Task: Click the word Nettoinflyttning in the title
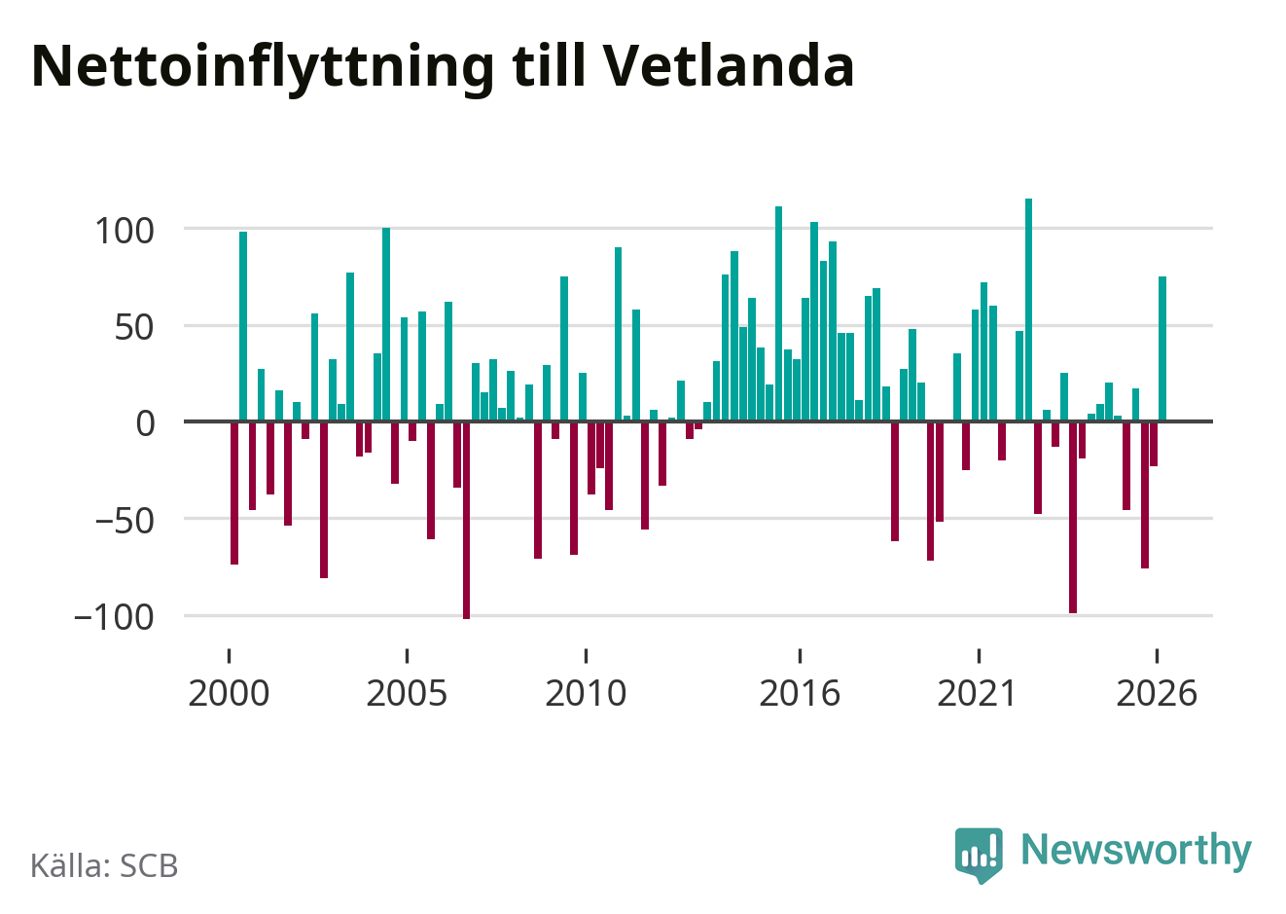point(263,68)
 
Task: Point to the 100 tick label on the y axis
point(125,232)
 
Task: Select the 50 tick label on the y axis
point(134,328)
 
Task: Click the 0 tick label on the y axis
point(145,424)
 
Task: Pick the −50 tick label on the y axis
point(125,522)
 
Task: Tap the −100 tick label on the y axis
point(114,618)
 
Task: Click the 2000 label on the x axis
point(229,693)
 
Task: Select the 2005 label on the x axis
point(407,693)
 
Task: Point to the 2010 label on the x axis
point(586,693)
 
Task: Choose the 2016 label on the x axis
point(800,693)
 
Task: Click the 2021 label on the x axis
point(978,693)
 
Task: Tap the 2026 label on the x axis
point(1157,693)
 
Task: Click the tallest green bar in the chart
point(1029,310)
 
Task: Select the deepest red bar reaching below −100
point(466,521)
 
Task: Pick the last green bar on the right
point(1162,348)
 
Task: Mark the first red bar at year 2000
point(234,494)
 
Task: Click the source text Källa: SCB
point(104,865)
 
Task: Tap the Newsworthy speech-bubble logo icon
point(979,855)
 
